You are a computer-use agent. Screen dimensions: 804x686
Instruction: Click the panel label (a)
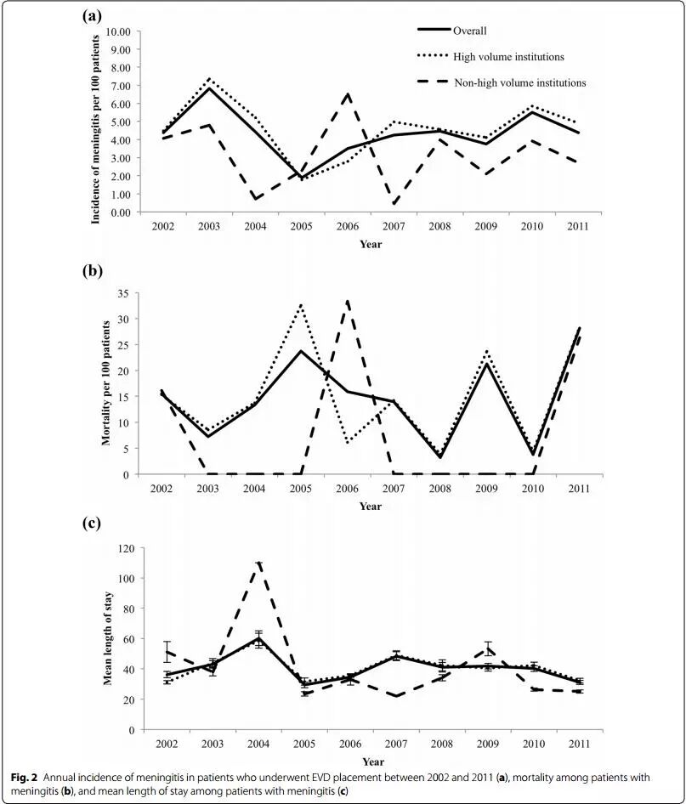(x=94, y=14)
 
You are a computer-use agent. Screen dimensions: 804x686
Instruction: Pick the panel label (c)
(x=93, y=523)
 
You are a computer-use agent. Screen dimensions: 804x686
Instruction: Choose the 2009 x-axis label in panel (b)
(x=485, y=490)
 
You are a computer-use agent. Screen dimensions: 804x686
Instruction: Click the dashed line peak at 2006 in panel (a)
(x=347, y=94)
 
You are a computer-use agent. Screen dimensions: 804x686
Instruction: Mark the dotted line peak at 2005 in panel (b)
(x=301, y=304)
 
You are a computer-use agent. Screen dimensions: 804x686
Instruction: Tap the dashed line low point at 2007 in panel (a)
(x=393, y=204)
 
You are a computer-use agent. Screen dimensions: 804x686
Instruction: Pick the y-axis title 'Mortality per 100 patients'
(x=107, y=383)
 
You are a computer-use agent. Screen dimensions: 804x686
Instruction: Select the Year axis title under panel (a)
(x=370, y=245)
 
